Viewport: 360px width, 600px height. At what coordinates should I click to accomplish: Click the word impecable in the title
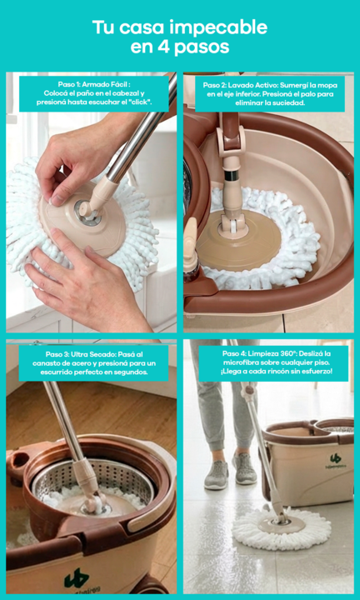(217, 28)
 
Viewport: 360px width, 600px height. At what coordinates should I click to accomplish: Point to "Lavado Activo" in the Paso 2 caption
(248, 85)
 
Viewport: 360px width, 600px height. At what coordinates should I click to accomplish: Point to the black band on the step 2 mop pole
(231, 176)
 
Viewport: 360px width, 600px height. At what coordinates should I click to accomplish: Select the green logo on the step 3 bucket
(77, 577)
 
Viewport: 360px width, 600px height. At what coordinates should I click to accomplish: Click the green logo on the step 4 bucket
(336, 458)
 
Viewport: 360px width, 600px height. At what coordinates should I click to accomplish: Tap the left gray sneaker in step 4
(217, 474)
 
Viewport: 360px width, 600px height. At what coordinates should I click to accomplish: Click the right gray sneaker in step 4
(244, 467)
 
